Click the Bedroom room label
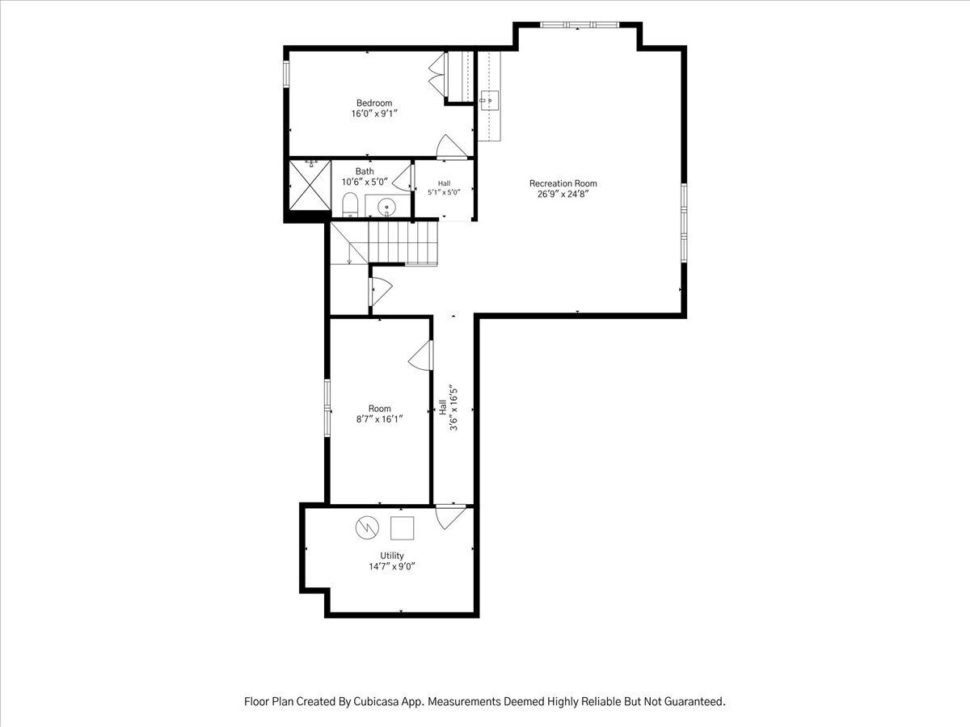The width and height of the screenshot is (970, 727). (374, 103)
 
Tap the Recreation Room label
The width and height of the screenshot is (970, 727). (563, 183)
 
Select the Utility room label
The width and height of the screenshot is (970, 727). (392, 556)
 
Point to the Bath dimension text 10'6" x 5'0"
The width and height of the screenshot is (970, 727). (365, 182)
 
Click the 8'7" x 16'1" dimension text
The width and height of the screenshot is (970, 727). (380, 419)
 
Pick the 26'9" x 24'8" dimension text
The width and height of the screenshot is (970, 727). (563, 194)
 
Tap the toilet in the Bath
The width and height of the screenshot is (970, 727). (350, 204)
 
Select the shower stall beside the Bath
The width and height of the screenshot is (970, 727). (310, 185)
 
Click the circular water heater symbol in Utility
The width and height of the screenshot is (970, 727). (367, 527)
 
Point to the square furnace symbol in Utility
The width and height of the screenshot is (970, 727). (402, 528)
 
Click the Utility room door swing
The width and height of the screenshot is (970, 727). (451, 517)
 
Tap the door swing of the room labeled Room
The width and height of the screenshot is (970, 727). (420, 355)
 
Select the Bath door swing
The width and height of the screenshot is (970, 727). (402, 178)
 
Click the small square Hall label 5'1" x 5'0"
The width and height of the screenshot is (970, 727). (444, 188)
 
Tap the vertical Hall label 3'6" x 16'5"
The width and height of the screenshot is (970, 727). (448, 407)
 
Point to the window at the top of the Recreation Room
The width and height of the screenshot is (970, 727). (580, 25)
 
